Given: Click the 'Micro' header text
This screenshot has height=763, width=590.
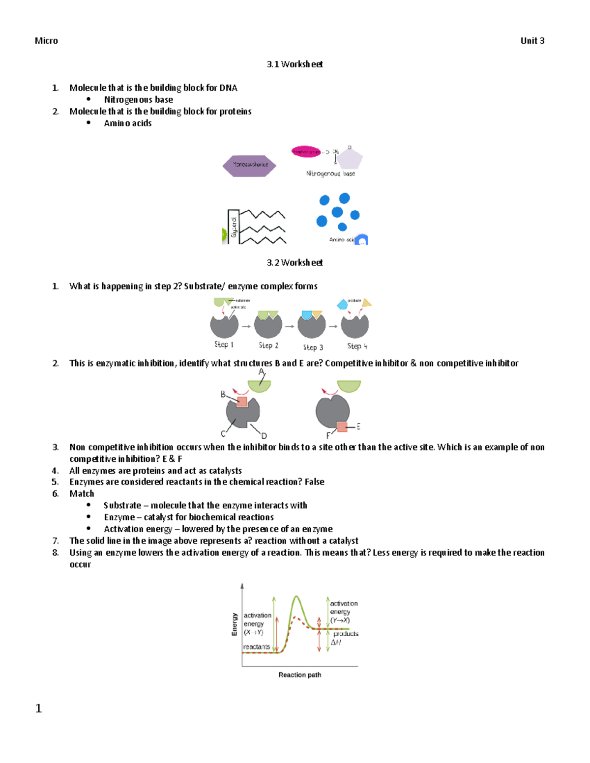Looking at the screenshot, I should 46,41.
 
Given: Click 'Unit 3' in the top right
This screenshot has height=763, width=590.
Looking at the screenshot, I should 532,41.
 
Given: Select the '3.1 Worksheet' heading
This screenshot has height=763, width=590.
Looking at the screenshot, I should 295,64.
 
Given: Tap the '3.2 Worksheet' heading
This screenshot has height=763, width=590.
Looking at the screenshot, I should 295,263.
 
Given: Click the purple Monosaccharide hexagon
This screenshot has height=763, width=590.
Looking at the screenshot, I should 249,165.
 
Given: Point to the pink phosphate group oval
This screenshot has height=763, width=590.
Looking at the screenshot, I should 305,152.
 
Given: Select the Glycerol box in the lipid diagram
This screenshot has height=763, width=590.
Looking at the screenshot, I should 233,227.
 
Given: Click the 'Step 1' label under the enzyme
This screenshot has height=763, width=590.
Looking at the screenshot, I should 224,345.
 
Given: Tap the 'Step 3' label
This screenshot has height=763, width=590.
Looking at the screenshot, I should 313,347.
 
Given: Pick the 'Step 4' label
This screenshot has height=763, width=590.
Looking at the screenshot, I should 357,346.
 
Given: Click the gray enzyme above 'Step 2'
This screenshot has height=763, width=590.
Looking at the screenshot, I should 268,326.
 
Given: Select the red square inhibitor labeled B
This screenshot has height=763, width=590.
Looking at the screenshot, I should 242,402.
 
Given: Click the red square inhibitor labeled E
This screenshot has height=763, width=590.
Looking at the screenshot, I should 342,427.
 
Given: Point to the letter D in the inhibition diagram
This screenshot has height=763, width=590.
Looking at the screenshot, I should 264,436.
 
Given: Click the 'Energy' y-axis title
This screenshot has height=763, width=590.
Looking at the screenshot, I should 235,624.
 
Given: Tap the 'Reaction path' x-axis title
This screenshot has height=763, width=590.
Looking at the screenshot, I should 299,675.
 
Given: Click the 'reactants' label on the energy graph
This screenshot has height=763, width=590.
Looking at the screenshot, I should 256,647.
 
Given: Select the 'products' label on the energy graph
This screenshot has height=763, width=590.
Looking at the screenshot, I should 346,634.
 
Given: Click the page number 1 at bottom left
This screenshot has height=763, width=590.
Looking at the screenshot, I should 38,708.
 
